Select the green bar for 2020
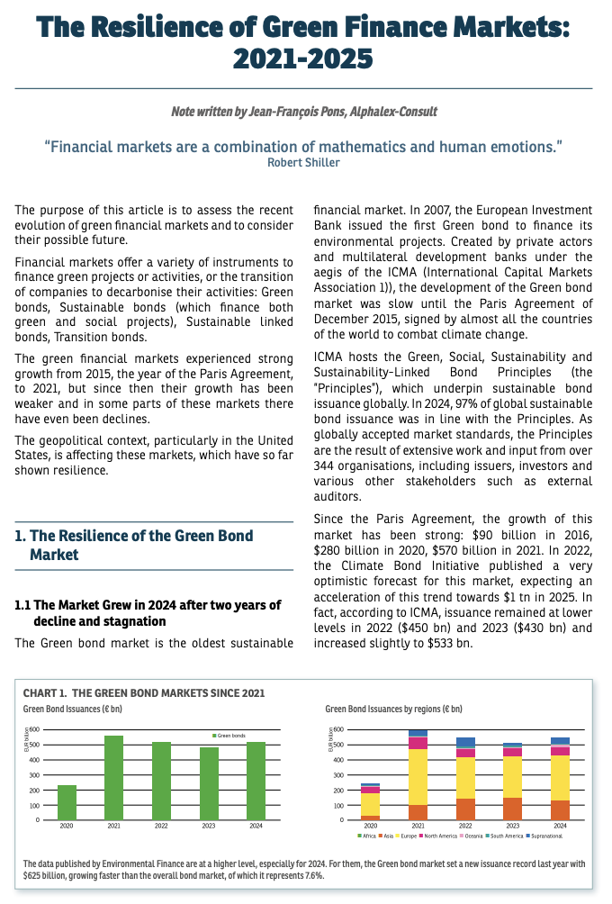tap(67, 802)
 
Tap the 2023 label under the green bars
tap(209, 825)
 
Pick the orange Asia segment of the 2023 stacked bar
tap(512, 809)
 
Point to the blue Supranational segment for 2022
tap(465, 743)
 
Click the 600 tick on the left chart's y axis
tap(34, 729)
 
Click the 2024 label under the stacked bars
tap(560, 825)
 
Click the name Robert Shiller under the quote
tap(303, 163)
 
